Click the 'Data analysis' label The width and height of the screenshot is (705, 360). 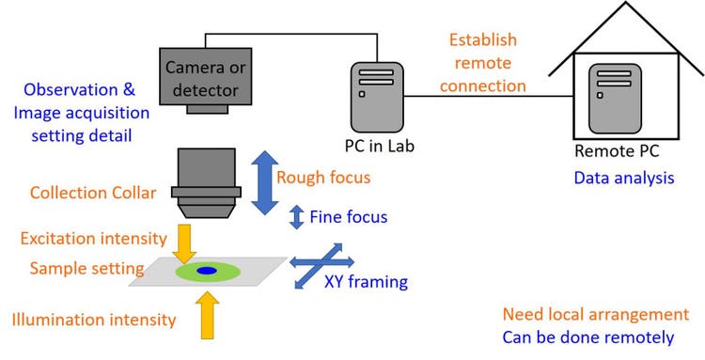coord(622,176)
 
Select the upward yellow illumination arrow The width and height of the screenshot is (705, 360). coord(209,313)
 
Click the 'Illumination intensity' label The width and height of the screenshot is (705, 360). coord(94,320)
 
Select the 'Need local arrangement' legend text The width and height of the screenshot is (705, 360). coord(596,315)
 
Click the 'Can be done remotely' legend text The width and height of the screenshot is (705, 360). coord(588,337)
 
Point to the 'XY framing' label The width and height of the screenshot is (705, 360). coord(365,281)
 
